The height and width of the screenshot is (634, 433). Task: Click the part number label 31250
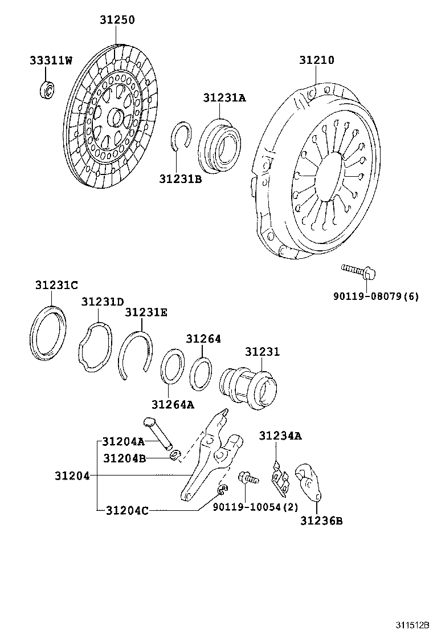coord(117,20)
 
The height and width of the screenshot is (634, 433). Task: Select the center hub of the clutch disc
coord(117,119)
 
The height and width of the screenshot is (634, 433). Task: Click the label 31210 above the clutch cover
coord(316,60)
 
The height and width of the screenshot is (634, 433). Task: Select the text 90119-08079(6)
coord(376,296)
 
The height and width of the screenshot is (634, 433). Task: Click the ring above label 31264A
coord(172,368)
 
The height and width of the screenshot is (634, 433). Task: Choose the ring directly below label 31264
coord(201,374)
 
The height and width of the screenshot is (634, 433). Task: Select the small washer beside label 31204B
coord(176,455)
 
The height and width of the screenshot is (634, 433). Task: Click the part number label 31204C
coord(126,510)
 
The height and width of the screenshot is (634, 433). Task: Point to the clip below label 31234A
coord(280,477)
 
